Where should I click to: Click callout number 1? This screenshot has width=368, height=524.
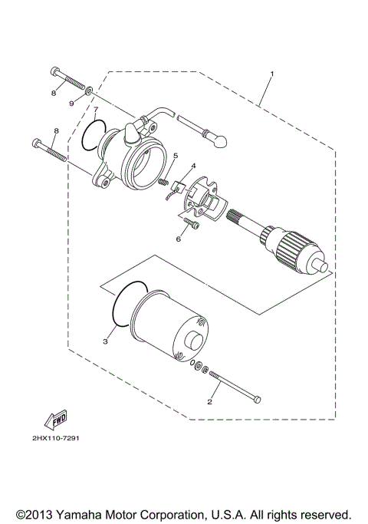271,75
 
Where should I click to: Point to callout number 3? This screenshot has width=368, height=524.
105,342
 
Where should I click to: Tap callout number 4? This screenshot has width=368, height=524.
194,166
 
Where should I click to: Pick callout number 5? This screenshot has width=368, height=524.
175,157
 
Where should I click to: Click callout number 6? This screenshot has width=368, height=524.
178,239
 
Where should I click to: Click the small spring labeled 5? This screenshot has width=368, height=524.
163,181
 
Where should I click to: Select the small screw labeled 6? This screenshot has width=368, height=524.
191,225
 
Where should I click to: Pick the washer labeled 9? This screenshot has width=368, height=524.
90,90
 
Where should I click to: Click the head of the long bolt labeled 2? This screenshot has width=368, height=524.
257,400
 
